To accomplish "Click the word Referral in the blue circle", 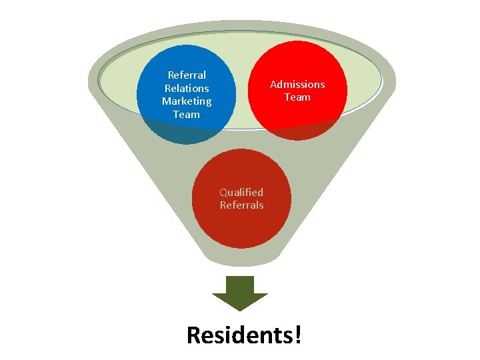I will click(187, 75).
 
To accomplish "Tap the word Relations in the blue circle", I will click(187, 88).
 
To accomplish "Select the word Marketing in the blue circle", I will click(187, 101).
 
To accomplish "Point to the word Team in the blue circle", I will click(187, 114).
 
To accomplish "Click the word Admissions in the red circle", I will click(297, 84).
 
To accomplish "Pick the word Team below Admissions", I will click(297, 97).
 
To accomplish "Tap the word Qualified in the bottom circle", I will click(241, 192).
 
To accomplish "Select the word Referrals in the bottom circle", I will click(241, 205).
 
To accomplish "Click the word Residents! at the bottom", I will click(244, 335).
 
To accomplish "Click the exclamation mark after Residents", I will click(297, 335).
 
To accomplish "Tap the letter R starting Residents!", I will click(194, 335).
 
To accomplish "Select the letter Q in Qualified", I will click(224, 192).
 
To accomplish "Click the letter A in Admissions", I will click(273, 84).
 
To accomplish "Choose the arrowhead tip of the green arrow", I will click(239, 308).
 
